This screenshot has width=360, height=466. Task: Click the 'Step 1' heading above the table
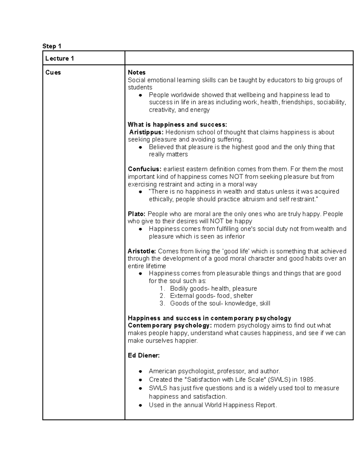[52, 46]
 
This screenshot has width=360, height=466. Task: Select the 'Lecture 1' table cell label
[59, 59]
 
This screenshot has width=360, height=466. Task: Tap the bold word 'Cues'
[53, 72]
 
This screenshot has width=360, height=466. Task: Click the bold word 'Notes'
[136, 72]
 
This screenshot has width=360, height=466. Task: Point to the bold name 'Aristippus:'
[146, 132]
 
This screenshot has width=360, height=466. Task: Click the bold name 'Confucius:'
[145, 169]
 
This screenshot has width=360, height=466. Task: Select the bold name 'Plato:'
[136, 214]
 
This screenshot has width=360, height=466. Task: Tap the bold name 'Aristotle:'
[142, 251]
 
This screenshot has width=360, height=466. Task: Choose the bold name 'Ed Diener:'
[144, 356]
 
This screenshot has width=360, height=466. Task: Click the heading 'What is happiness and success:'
[177, 125]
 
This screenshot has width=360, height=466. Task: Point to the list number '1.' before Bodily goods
[162, 289]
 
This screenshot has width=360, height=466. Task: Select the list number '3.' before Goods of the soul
[162, 303]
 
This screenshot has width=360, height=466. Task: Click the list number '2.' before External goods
[162, 296]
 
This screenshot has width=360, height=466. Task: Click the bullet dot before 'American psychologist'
[140, 371]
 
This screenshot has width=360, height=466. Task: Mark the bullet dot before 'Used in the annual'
[140, 405]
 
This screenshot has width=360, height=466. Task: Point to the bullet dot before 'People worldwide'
[140, 95]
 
